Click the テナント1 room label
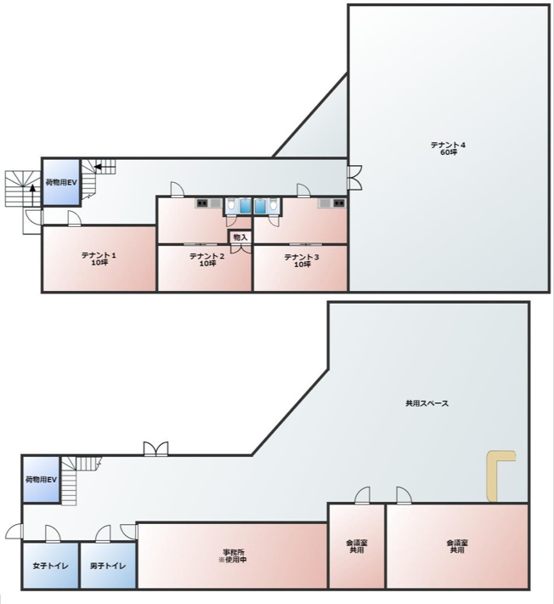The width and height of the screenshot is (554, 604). click(99, 258)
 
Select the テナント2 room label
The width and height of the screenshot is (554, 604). click(206, 259)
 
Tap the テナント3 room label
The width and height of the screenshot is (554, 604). click(301, 259)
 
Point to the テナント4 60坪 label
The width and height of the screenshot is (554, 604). click(449, 148)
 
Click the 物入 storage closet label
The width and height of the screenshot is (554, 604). click(240, 236)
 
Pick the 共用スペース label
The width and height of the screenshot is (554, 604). click(427, 403)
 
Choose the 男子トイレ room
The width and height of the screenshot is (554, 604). click(108, 567)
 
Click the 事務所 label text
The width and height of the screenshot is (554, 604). click(232, 552)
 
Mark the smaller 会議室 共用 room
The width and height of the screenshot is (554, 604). click(356, 546)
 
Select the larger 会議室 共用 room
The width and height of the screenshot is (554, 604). click(457, 546)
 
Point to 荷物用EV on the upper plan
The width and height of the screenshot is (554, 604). click(61, 182)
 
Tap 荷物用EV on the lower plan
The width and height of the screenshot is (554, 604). click(41, 480)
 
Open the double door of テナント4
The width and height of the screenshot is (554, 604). click(353, 177)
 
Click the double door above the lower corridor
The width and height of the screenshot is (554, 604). click(155, 448)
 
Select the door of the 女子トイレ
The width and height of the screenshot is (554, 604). click(53, 534)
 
